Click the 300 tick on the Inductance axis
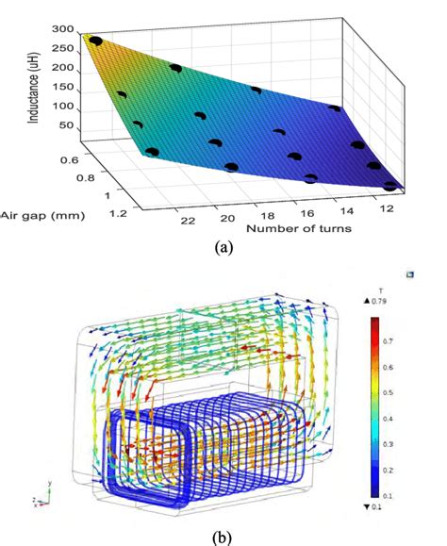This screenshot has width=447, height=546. pyautogui.click(x=62, y=29)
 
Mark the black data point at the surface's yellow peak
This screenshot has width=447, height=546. pyautogui.click(x=92, y=41)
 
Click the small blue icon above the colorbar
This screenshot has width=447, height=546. pyautogui.click(x=408, y=274)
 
